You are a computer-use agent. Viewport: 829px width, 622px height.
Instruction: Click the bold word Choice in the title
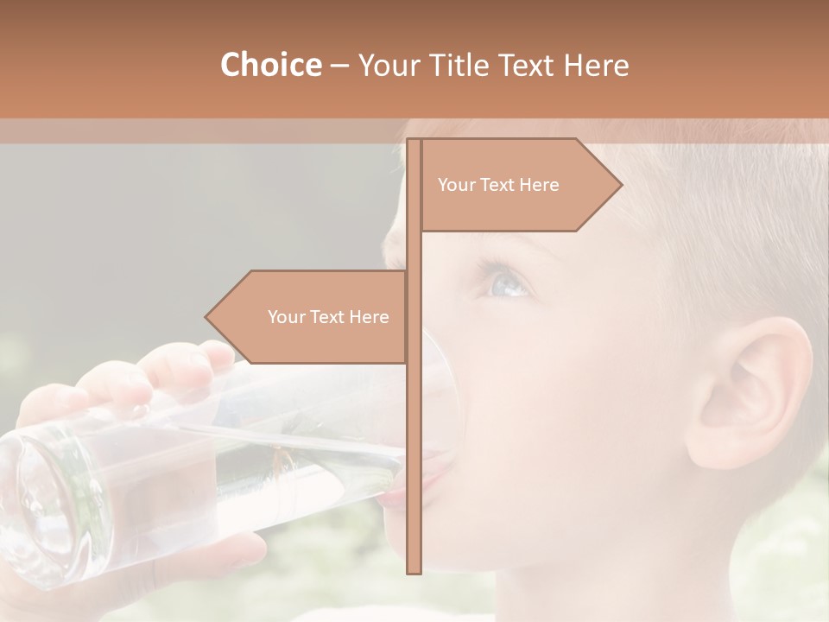pos(270,65)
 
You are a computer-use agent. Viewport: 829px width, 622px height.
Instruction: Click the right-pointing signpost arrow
pos(518,185)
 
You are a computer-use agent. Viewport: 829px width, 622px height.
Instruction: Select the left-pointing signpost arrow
pos(311,317)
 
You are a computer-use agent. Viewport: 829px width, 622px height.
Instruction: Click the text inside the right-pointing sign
pos(498,185)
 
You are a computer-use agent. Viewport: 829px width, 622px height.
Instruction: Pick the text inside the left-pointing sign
pos(328,317)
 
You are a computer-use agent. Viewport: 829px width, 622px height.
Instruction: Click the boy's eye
pos(508,282)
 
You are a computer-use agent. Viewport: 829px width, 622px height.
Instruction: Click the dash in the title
pos(339,66)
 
